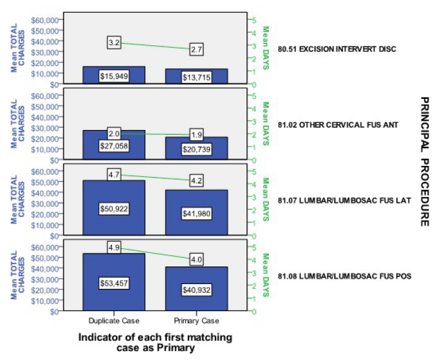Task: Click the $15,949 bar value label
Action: click(x=114, y=76)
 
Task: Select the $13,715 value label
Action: click(x=196, y=77)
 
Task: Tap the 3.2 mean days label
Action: click(x=114, y=43)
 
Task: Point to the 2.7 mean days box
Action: click(x=196, y=49)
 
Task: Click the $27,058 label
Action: click(x=114, y=146)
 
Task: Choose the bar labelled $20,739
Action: click(x=196, y=148)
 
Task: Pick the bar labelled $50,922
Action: click(x=114, y=208)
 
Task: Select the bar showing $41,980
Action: click(x=196, y=212)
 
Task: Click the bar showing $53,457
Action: click(x=114, y=282)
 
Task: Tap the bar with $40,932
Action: click(x=196, y=289)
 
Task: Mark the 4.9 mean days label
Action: click(x=114, y=248)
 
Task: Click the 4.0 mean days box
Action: click(x=196, y=259)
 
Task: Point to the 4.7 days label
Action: click(x=114, y=175)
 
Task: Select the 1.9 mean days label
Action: click(x=196, y=135)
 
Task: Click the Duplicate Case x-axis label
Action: click(x=114, y=321)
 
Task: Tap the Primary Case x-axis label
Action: click(x=196, y=321)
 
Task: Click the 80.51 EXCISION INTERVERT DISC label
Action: click(x=337, y=49)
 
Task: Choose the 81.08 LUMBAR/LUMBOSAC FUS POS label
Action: click(x=345, y=276)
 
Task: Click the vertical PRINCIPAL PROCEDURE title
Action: click(x=425, y=162)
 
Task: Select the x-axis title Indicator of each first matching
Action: click(x=155, y=338)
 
